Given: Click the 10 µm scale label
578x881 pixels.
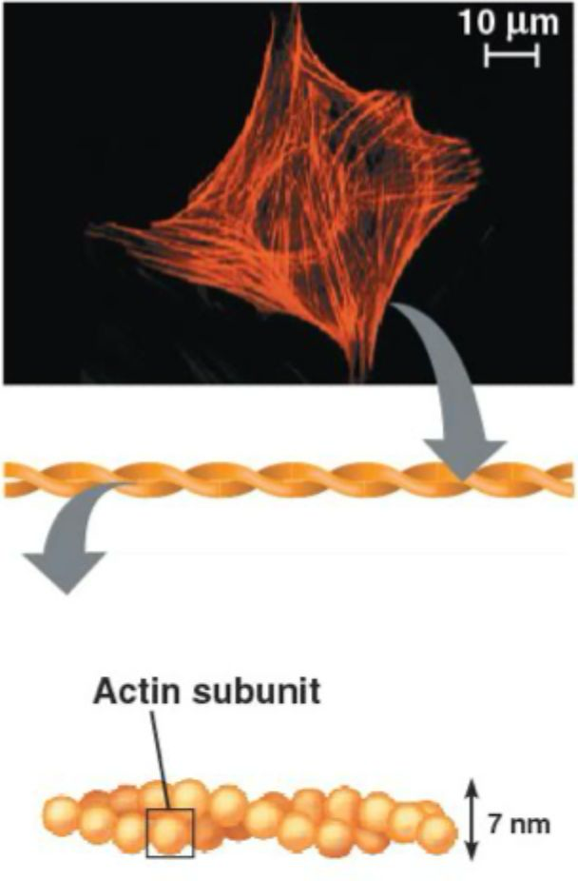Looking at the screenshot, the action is pos(511,22).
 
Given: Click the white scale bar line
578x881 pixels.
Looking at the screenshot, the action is pos(511,56).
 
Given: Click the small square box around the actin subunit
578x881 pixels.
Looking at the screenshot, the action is pos(170,832).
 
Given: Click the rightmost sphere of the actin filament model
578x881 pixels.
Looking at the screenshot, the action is pos(438,833).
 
